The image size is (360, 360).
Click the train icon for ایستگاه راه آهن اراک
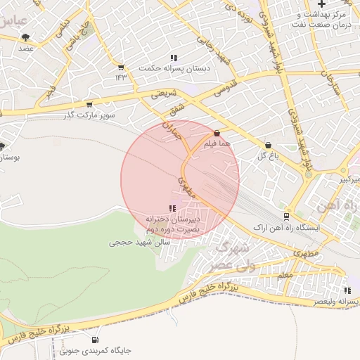pyautogui.click(x=286, y=217)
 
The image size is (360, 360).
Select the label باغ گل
pyautogui.click(x=265, y=155)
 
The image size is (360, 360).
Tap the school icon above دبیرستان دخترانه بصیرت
pyautogui.click(x=172, y=208)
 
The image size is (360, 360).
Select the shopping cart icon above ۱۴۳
pyautogui.click(x=121, y=67)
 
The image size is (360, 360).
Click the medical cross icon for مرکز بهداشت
pyautogui.click(x=321, y=4)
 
